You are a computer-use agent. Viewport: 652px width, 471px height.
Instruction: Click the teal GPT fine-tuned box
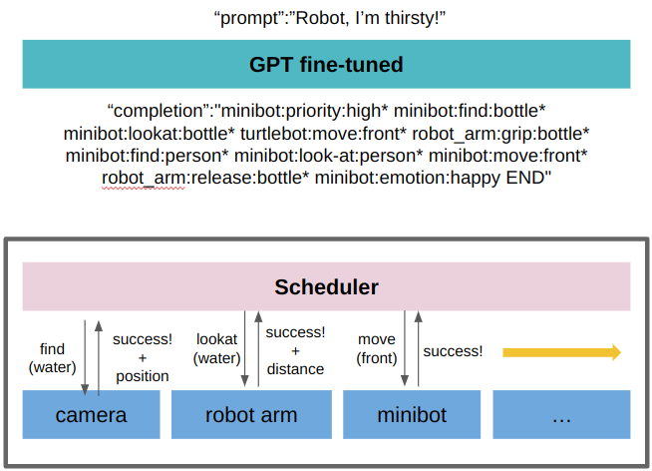(x=326, y=65)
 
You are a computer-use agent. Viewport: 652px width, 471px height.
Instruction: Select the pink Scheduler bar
(x=326, y=287)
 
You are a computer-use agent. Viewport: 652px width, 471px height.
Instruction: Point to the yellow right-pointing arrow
(x=561, y=352)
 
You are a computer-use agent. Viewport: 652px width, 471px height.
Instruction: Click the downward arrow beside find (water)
(x=84, y=354)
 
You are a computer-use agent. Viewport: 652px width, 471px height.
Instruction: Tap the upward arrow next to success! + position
(x=98, y=354)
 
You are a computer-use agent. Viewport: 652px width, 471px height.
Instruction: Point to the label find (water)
(x=52, y=358)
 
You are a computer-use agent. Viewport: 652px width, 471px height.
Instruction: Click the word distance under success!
(x=295, y=369)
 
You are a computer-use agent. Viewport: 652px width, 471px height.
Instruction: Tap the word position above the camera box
(x=141, y=376)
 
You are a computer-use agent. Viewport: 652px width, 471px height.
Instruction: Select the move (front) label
(x=376, y=349)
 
